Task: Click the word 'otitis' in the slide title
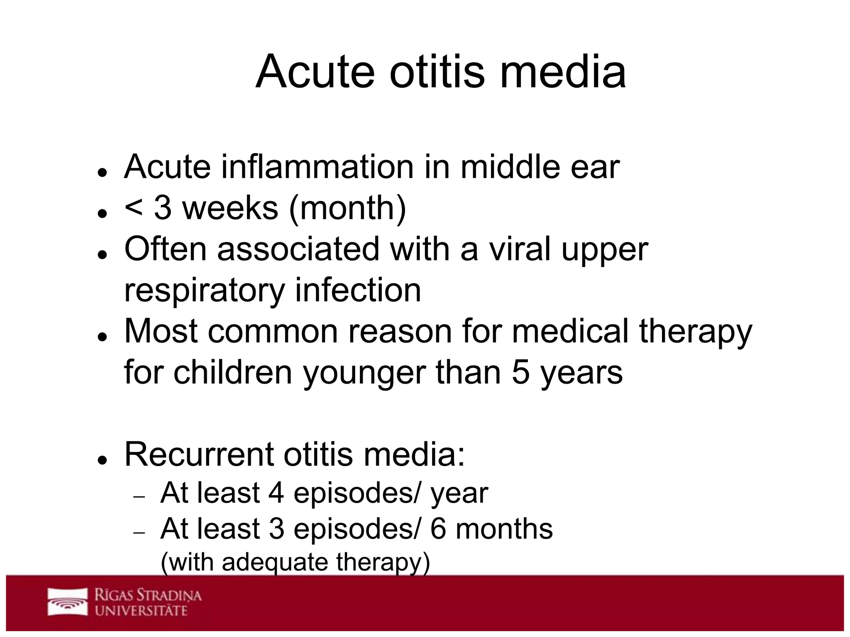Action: pyautogui.click(x=437, y=71)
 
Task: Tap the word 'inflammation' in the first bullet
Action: pyautogui.click(x=318, y=167)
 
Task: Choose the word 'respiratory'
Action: pyautogui.click(x=205, y=291)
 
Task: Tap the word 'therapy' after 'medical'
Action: pyautogui.click(x=696, y=333)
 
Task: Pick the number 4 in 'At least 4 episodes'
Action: pyautogui.click(x=276, y=493)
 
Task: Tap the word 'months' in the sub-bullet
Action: pyautogui.click(x=504, y=529)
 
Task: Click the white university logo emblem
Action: pyautogui.click(x=68, y=601)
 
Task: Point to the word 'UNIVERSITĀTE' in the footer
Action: pyautogui.click(x=141, y=610)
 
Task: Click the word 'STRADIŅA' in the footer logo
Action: pyautogui.click(x=169, y=596)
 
